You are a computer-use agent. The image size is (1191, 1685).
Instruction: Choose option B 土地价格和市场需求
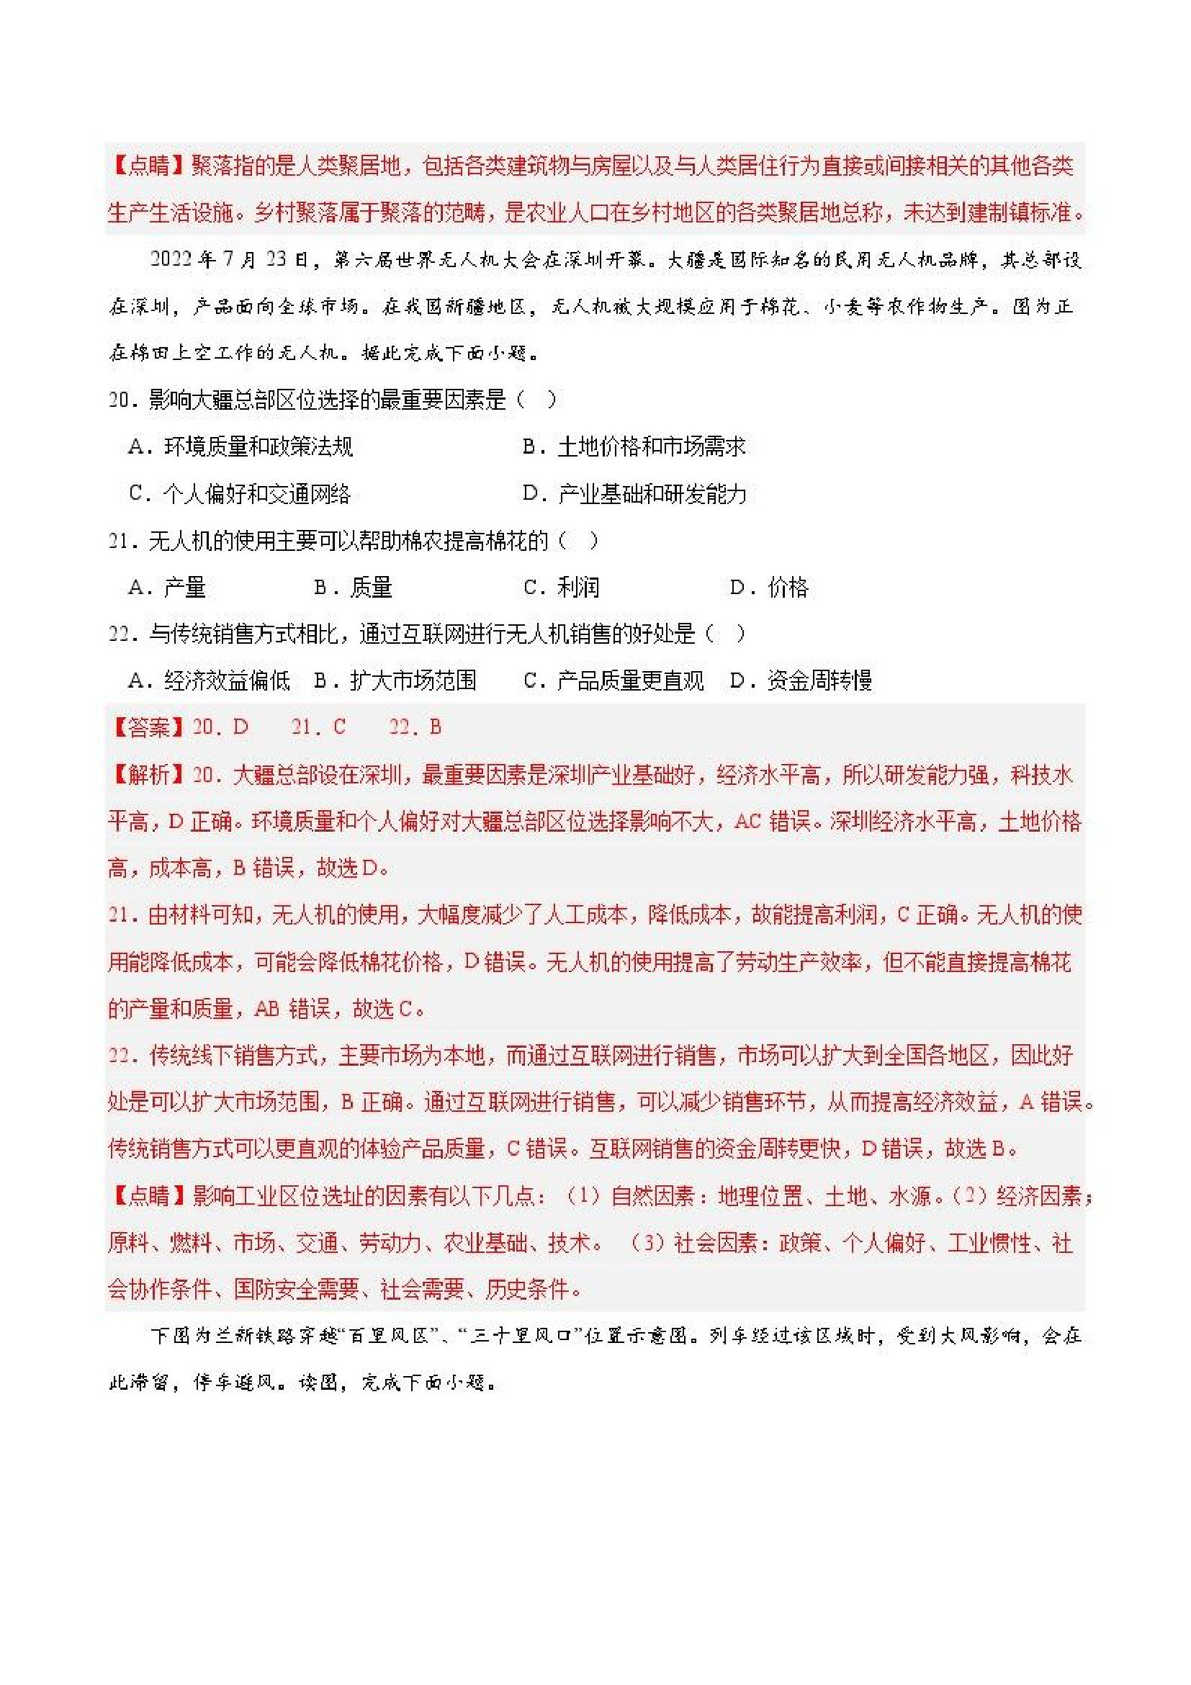634,446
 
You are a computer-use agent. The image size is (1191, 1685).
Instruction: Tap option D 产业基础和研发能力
634,494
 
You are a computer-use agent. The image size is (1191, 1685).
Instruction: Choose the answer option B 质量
353,588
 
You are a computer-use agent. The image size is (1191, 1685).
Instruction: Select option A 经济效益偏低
209,681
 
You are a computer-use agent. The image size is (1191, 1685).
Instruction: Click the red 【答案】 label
149,727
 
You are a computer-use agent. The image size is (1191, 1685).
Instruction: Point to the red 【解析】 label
149,774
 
